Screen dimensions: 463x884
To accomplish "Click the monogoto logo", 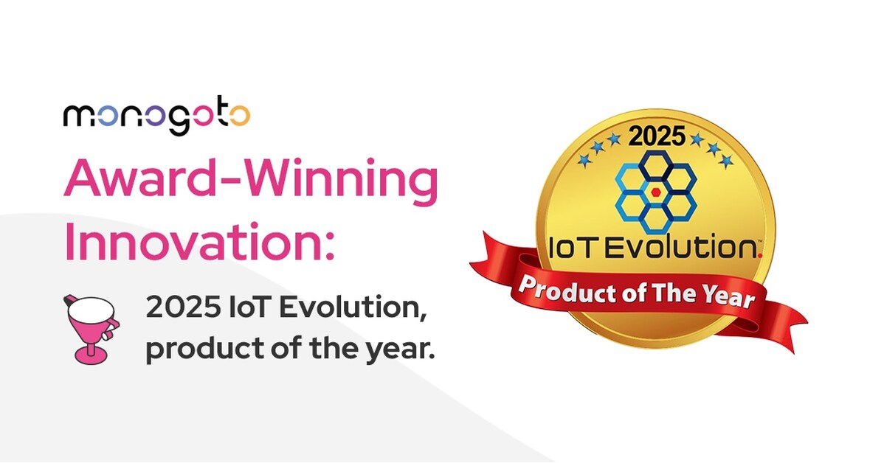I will click(156, 117).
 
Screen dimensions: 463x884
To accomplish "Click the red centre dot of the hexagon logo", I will click(655, 192).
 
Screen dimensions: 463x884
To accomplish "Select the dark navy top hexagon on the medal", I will click(656, 167).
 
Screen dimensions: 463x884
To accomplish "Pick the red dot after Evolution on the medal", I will click(759, 254).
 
